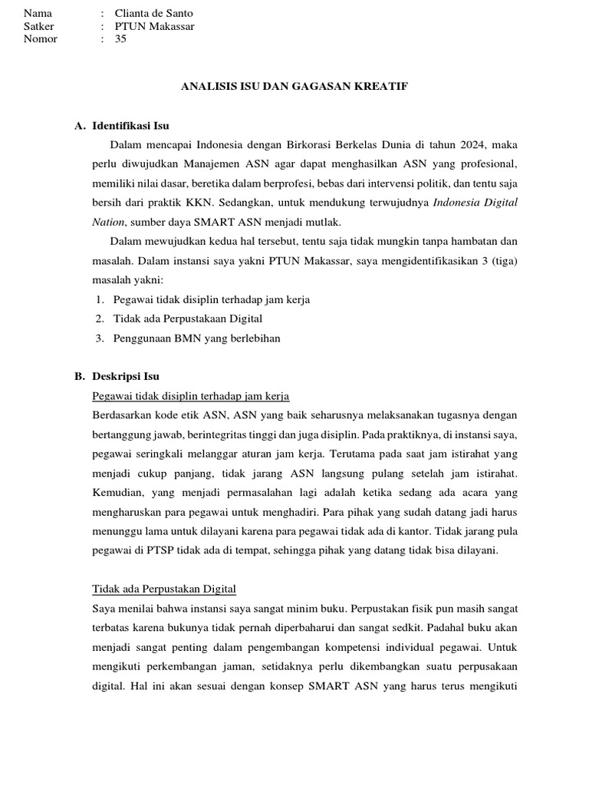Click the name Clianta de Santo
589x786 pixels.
pyautogui.click(x=153, y=13)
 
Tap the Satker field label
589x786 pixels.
pyautogui.click(x=39, y=26)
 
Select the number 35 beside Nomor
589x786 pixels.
pyautogui.click(x=120, y=39)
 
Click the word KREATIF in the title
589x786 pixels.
pyautogui.click(x=380, y=87)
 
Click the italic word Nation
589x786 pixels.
pyautogui.click(x=107, y=222)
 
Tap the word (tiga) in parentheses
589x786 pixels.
pyautogui.click(x=503, y=261)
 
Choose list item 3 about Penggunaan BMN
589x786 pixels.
pyautogui.click(x=196, y=338)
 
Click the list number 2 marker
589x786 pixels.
pyautogui.click(x=100, y=319)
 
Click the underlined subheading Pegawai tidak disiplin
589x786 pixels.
pyautogui.click(x=189, y=396)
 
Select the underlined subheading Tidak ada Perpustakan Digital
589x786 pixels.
pyautogui.click(x=163, y=589)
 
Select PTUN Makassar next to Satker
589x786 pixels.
pyautogui.click(x=154, y=26)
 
